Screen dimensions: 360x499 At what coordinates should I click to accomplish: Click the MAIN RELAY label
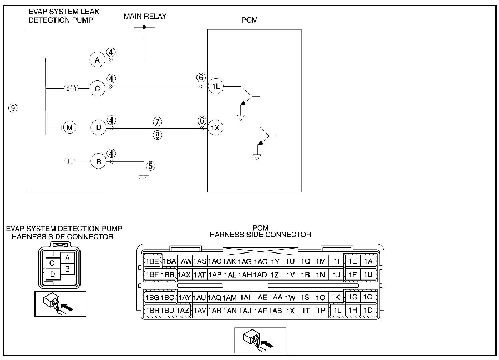tap(145, 16)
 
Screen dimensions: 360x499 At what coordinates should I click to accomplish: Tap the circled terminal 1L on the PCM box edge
tap(216, 87)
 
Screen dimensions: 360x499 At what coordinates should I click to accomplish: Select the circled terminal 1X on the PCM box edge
tap(215, 128)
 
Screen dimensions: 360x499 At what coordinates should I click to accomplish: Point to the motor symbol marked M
tap(69, 128)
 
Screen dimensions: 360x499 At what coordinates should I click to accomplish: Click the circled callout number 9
tap(13, 108)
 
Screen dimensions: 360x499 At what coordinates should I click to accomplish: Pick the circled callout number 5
tap(150, 165)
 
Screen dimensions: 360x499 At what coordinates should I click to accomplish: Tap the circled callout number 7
tap(157, 121)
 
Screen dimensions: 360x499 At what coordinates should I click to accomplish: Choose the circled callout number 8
tap(157, 135)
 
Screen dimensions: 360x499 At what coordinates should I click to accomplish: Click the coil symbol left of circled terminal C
tap(71, 88)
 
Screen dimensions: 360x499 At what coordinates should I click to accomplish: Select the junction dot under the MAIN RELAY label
tap(144, 27)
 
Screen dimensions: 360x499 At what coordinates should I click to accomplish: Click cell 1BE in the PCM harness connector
tap(152, 261)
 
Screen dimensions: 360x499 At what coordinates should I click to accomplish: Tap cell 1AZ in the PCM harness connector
tap(183, 310)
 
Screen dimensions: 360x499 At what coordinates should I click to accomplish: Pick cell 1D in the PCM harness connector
tap(368, 310)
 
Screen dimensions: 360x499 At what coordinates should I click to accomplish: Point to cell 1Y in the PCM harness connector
tap(275, 262)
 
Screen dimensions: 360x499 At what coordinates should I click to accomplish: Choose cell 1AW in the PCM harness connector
tap(184, 262)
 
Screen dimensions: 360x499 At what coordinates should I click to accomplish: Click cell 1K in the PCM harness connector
tap(336, 297)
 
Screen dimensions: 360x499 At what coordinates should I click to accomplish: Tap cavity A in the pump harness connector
tap(68, 258)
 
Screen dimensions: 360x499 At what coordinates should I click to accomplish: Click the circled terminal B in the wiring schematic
tap(99, 162)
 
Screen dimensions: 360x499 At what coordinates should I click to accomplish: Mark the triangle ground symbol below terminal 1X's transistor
tap(257, 157)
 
